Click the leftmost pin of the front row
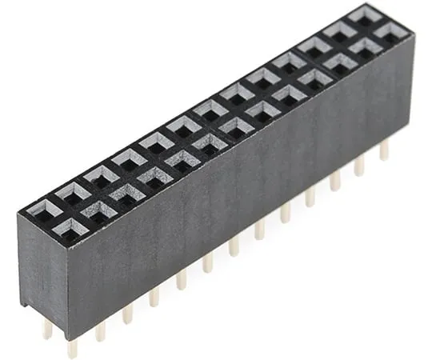(x=73, y=346)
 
